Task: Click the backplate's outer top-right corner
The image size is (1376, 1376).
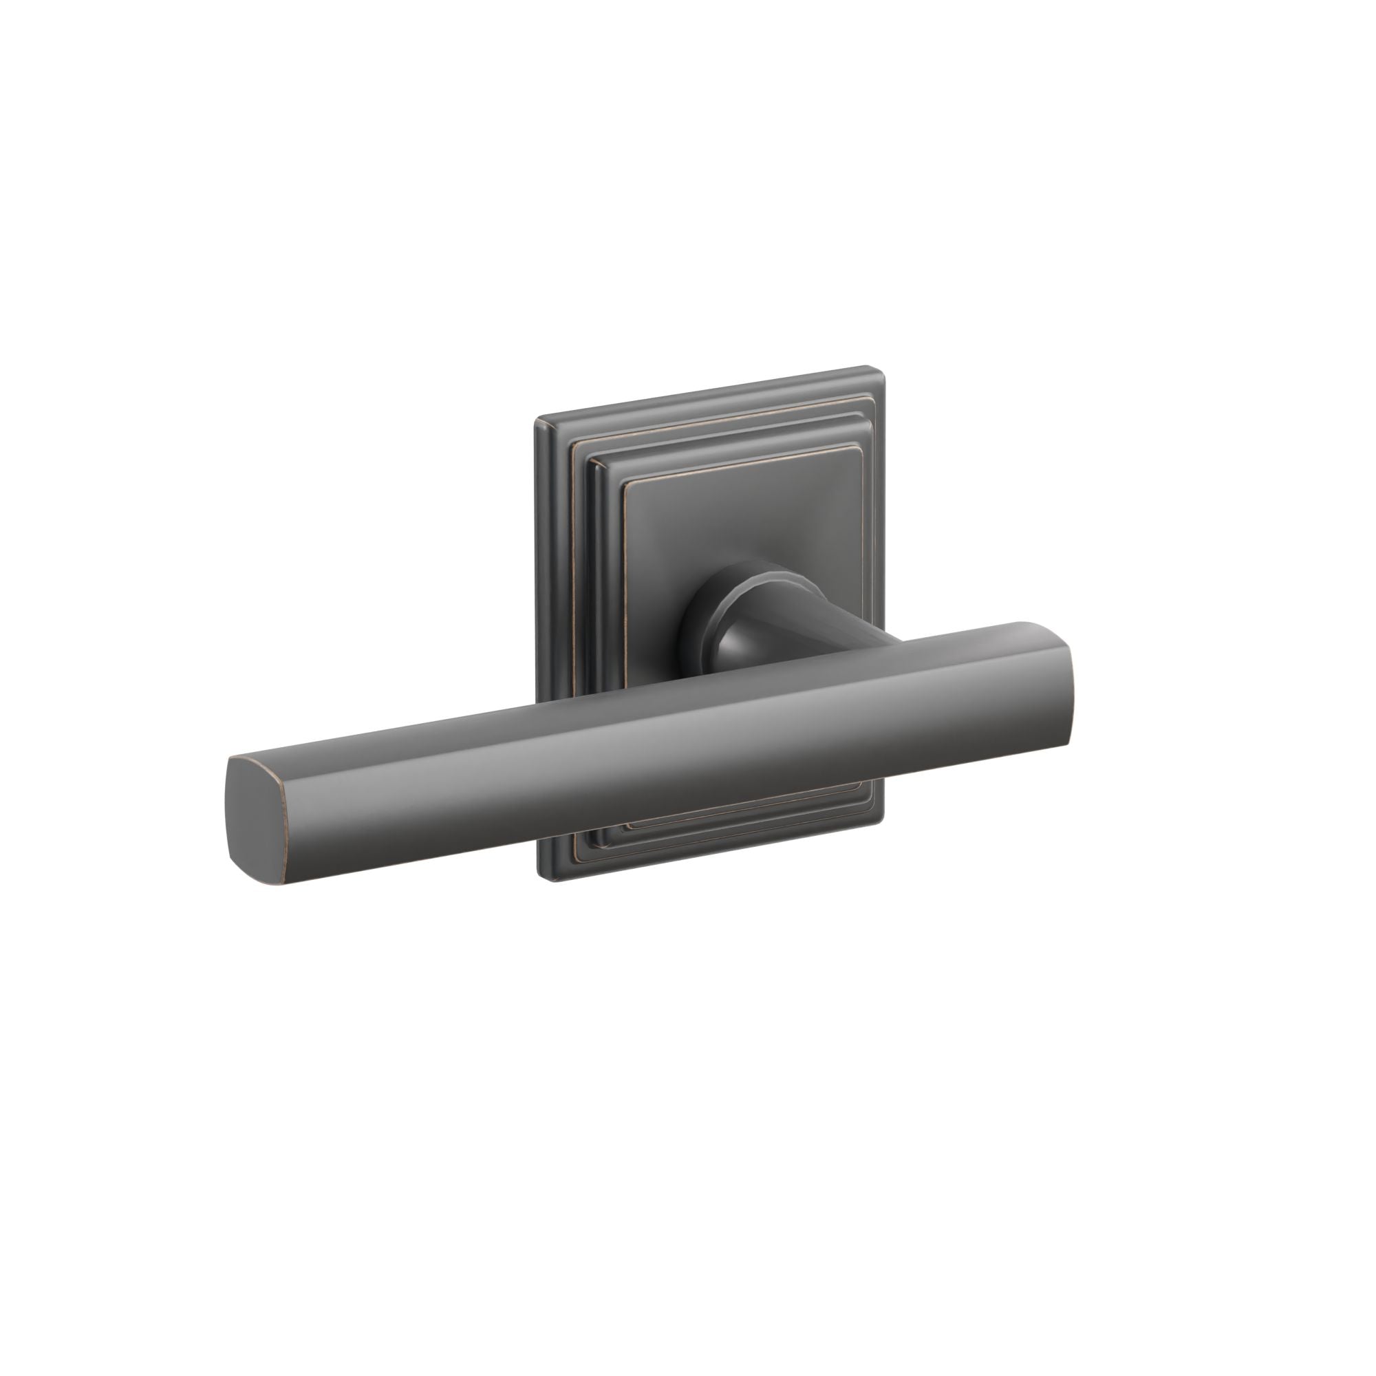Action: pos(881,369)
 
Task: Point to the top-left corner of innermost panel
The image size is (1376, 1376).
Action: pos(627,486)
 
